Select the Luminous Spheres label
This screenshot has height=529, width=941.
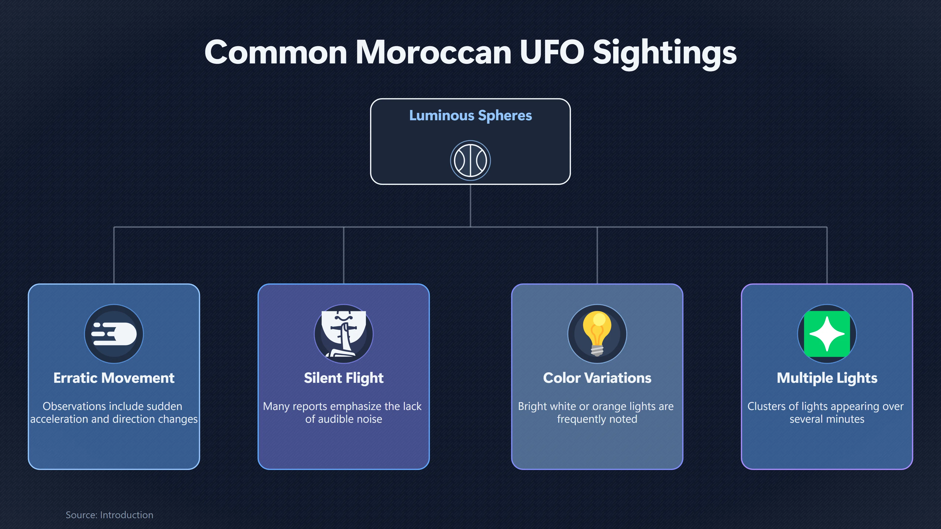pyautogui.click(x=470, y=115)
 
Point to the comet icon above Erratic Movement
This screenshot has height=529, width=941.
pyautogui.click(x=114, y=334)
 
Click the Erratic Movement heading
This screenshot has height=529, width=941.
pyautogui.click(x=114, y=378)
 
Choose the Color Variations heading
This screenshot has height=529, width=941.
pyautogui.click(x=597, y=378)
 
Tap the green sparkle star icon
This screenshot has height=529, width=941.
pyautogui.click(x=827, y=334)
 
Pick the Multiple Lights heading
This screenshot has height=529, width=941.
pyautogui.click(x=827, y=378)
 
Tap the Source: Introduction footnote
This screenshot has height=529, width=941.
pyautogui.click(x=110, y=515)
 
